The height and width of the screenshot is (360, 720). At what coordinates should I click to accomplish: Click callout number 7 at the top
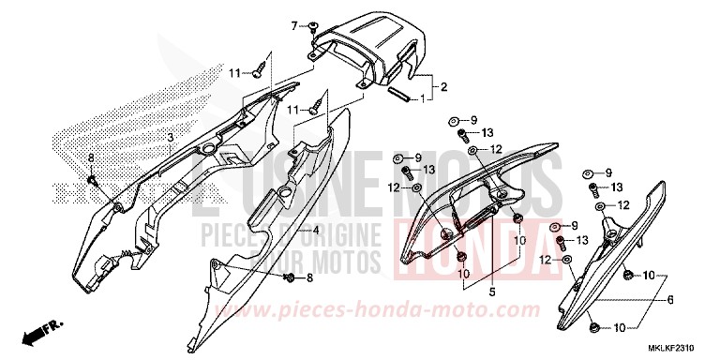[x=293, y=24]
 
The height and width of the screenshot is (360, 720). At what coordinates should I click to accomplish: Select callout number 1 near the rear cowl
[x=423, y=98]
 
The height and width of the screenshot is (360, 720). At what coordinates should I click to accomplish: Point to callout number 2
[x=443, y=87]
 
